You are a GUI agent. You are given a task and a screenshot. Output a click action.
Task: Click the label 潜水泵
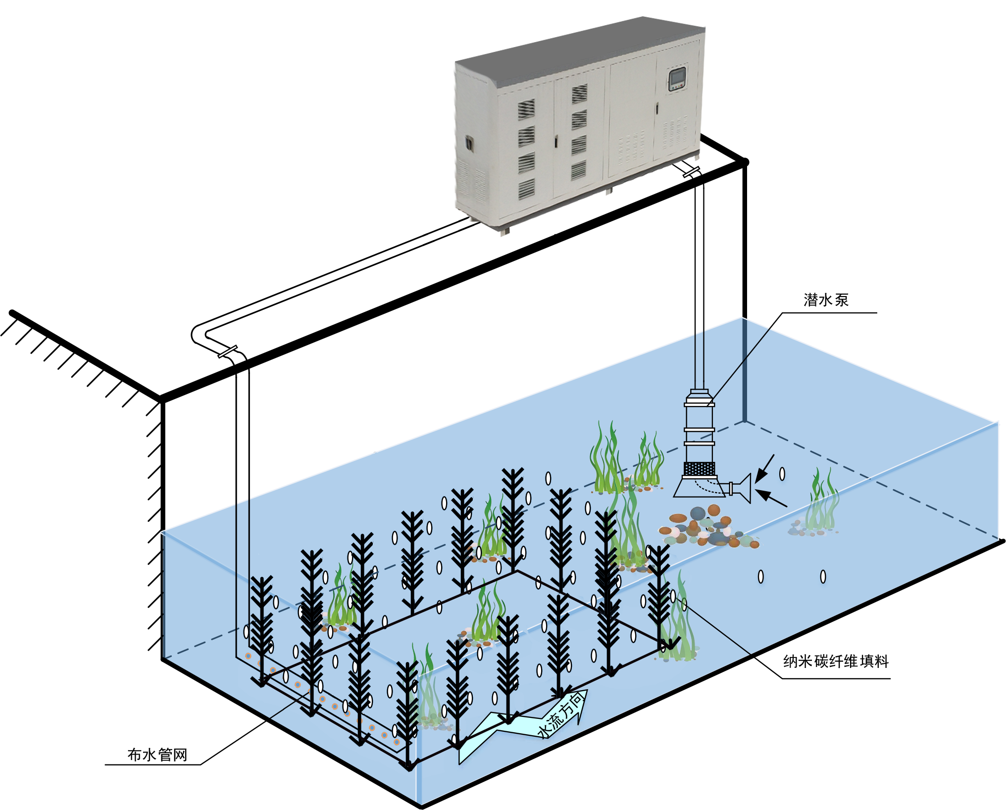click(826, 300)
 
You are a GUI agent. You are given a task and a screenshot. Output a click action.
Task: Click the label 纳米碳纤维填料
click(836, 661)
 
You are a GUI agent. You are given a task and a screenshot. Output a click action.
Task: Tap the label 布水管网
click(157, 755)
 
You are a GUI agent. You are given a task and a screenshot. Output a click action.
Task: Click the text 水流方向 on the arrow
click(562, 715)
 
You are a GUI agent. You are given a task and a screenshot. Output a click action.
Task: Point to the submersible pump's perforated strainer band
click(699, 468)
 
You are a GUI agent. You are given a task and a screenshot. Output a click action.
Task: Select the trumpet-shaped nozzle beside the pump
click(742, 488)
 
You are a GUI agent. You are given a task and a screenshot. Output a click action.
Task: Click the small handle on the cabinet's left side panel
click(468, 144)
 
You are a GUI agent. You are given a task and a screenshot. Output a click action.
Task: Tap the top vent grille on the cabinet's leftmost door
click(526, 109)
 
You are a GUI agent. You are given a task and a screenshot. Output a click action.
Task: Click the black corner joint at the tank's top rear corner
click(745, 162)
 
